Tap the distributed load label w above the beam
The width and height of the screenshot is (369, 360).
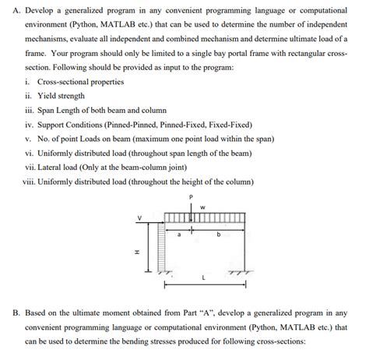202,206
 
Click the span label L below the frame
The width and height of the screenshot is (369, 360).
203,278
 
